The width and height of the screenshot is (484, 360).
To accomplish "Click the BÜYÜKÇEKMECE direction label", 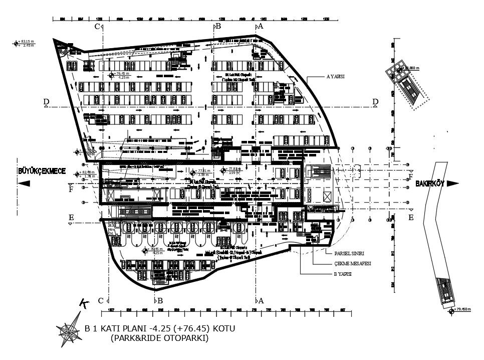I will (x=42, y=171).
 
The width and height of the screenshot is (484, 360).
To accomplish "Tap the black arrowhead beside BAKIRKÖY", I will (x=452, y=184).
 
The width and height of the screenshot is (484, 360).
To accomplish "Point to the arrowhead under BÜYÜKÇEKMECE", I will (x=23, y=184).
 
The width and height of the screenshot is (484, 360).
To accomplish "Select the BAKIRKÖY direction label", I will (x=430, y=184).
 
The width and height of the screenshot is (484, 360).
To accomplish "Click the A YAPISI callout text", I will (x=337, y=77).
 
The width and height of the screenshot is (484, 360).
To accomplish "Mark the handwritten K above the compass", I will (x=84, y=303).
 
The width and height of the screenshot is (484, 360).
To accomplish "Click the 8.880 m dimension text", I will (x=412, y=67).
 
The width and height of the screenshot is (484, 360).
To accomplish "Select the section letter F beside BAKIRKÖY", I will (x=410, y=177).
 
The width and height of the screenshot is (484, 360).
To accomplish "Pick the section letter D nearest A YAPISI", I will (x=375, y=102).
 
